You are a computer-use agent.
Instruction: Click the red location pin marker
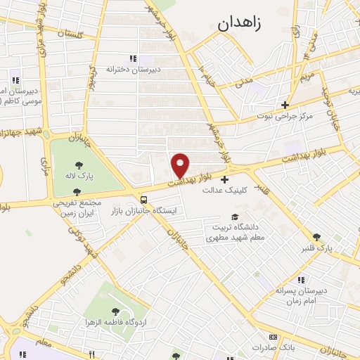pyautogui.click(x=181, y=165)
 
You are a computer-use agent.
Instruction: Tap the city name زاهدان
pyautogui.click(x=239, y=22)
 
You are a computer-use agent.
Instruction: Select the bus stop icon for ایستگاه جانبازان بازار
pyautogui.click(x=143, y=199)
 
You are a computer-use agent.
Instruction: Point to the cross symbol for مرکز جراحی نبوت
pyautogui.click(x=285, y=104)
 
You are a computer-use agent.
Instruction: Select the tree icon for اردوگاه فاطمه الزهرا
pyautogui.click(x=115, y=311)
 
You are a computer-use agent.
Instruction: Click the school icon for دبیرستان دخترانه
pyautogui.click(x=133, y=58)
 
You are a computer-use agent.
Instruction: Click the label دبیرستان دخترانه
pyautogui.click(x=133, y=70)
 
